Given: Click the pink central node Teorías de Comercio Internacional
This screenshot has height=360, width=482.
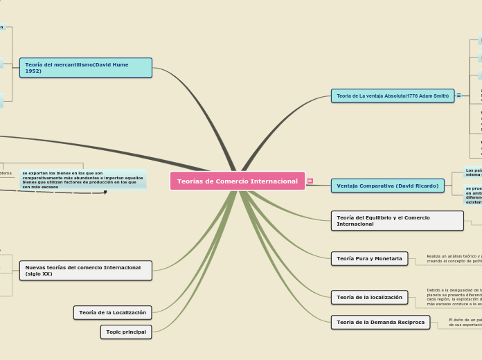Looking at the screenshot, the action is [x=238, y=181].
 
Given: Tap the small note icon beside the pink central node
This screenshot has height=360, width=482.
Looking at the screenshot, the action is [x=310, y=181].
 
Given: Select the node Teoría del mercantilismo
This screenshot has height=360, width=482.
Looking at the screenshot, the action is [x=86, y=68].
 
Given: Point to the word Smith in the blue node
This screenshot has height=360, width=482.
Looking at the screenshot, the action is [x=440, y=96].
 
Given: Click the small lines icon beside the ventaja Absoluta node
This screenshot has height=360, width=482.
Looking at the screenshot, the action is [x=458, y=96].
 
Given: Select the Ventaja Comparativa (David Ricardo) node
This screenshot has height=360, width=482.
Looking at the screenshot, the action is [x=387, y=186].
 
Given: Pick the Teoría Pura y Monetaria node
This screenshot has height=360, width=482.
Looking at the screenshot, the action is [x=369, y=259].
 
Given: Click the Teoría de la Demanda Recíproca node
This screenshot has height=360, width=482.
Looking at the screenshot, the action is [x=380, y=323].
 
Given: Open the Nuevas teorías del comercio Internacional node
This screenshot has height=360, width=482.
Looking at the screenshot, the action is [x=86, y=271].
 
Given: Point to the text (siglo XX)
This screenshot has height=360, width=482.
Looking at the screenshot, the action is [x=39, y=274].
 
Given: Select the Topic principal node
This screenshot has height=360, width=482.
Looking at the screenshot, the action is [x=126, y=332].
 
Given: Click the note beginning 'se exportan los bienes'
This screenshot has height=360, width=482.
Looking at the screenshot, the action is [x=82, y=180].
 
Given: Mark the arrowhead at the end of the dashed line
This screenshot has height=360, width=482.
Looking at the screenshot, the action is [x=105, y=192].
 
